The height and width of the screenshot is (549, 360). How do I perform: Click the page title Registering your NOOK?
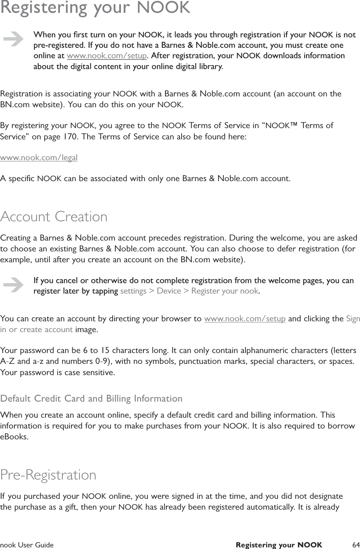pos(95,8)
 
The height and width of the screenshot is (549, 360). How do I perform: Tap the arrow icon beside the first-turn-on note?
pos(13,39)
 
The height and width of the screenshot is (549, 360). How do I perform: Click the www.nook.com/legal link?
pos(39,157)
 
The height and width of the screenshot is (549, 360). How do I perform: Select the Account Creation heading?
pos(54,217)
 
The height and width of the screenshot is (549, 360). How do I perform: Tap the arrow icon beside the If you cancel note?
pos(13,285)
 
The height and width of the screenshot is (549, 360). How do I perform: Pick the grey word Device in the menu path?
pos(169,291)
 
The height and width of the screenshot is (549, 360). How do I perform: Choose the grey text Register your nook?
pos(225,291)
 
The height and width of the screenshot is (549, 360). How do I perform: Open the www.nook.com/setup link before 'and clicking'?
pos(245,319)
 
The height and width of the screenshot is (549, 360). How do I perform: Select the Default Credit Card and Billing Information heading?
pos(91,399)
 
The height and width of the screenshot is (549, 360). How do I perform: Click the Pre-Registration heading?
pos(48,475)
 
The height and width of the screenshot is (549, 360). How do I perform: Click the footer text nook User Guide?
pos(27,545)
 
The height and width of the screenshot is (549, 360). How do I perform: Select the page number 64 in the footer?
pos(355,545)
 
